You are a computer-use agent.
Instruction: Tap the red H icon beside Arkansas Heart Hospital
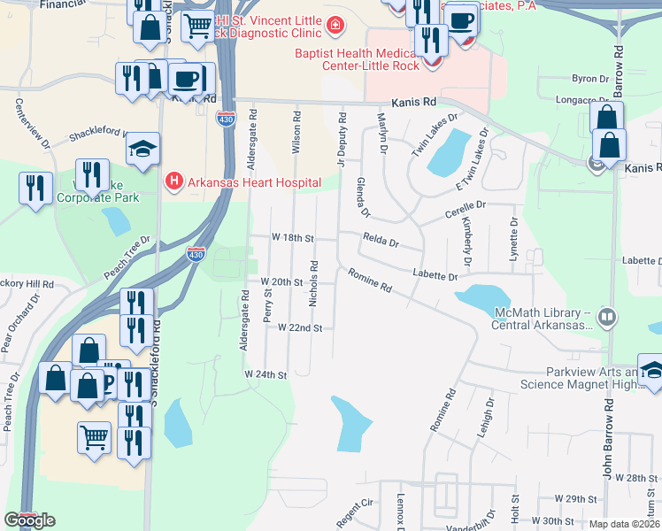point(173,182)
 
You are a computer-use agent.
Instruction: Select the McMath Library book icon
point(606,316)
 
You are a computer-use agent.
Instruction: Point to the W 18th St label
point(293,239)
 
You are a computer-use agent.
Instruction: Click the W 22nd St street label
point(299,327)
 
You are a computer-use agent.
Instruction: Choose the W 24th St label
point(267,375)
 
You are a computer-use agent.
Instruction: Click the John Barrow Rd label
point(608,438)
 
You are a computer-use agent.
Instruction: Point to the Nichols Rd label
point(313,283)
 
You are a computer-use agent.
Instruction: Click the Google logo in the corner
point(29,520)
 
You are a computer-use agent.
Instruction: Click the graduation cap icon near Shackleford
point(142,150)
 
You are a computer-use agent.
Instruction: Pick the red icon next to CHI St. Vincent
point(335,25)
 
